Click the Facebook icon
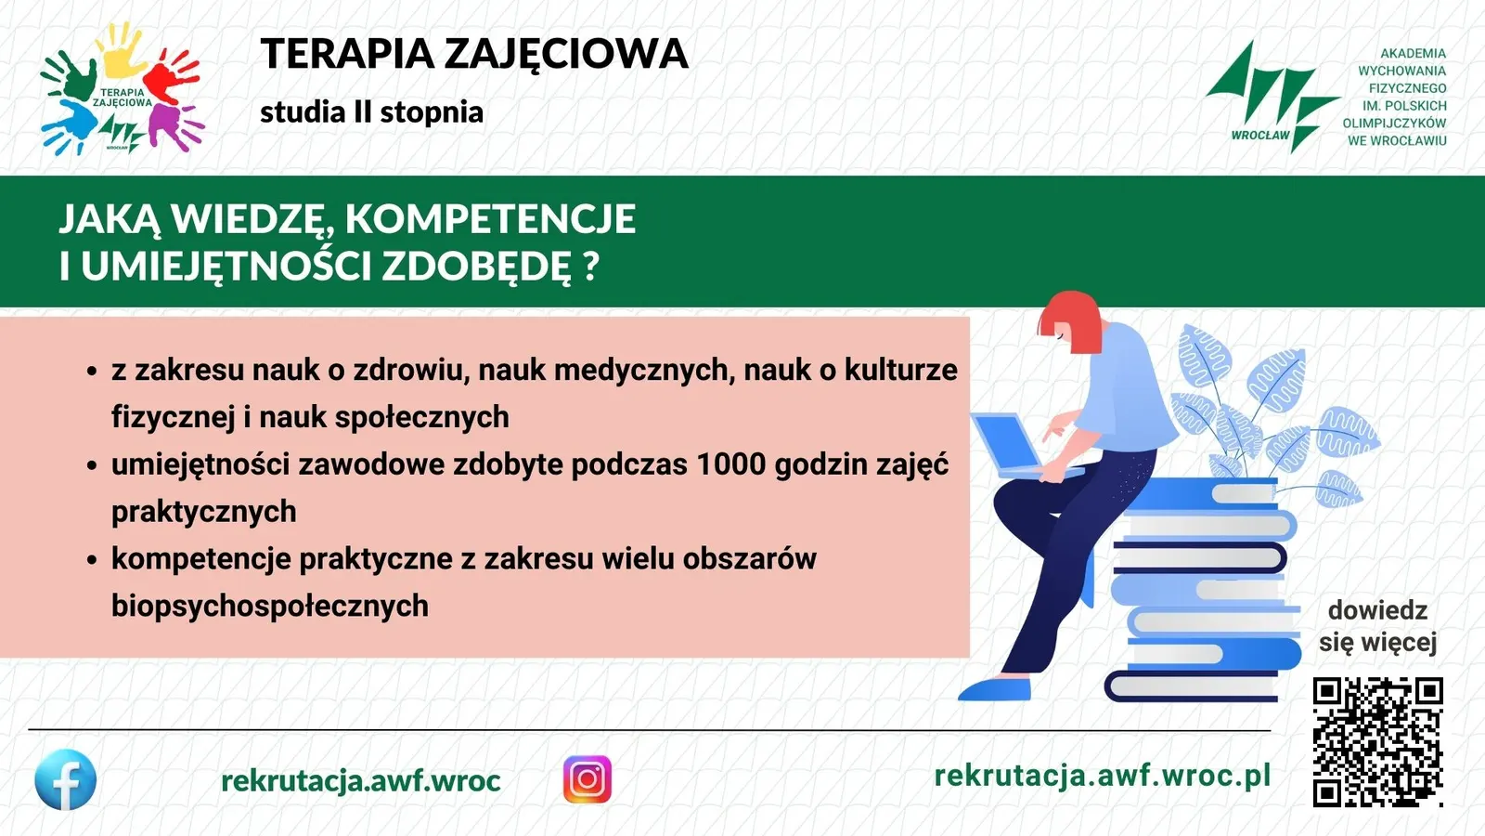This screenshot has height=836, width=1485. (65, 779)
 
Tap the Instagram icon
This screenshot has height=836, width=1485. (588, 779)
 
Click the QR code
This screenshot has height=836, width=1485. (1377, 742)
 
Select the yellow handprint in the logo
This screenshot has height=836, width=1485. (123, 50)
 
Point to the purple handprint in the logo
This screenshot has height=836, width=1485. (174, 126)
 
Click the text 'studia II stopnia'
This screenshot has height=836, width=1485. (371, 112)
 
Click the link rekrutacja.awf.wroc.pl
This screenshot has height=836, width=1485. (1102, 776)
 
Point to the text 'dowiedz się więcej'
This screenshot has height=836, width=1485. (1377, 626)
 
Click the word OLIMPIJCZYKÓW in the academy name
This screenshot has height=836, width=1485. (1394, 124)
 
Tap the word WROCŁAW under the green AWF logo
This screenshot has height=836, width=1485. (1260, 136)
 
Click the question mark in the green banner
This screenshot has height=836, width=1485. (592, 266)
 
